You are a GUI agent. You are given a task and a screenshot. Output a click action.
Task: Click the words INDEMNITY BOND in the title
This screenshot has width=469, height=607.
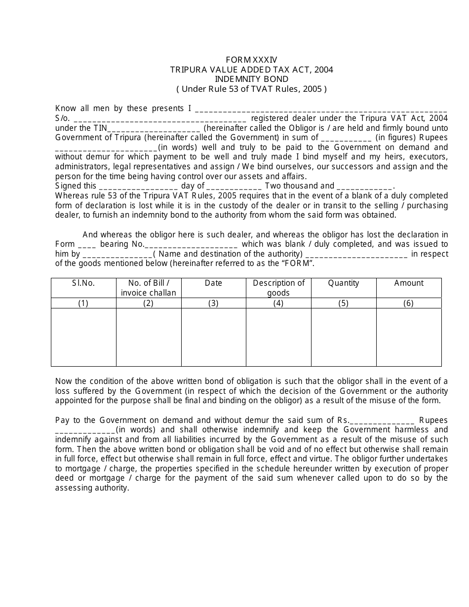[x=251, y=79]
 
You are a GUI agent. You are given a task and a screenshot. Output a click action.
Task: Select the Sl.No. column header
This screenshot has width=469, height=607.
[x=83, y=283]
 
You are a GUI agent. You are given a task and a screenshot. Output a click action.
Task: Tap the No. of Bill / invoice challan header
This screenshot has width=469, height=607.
[x=149, y=288]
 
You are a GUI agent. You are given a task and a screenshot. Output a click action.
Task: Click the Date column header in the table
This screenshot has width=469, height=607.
[x=213, y=283]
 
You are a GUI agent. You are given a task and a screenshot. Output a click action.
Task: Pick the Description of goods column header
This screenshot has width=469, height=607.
[x=278, y=288]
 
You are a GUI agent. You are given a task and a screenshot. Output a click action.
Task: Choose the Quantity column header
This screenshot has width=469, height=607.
[x=344, y=283]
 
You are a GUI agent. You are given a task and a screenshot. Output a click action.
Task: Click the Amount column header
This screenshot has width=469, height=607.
[x=409, y=283]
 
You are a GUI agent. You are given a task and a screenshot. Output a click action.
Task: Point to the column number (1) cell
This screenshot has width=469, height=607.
[x=83, y=303]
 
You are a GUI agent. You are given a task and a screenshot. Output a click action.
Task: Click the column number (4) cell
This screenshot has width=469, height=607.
[x=278, y=303]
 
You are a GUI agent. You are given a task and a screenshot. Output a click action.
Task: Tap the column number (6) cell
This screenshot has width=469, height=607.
[x=409, y=303]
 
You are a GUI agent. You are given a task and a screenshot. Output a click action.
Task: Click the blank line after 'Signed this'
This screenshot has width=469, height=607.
[x=138, y=187]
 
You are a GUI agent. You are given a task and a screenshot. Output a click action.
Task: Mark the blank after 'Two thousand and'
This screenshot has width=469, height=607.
[x=364, y=187]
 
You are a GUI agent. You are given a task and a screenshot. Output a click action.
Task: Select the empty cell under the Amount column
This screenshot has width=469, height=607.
[x=409, y=337]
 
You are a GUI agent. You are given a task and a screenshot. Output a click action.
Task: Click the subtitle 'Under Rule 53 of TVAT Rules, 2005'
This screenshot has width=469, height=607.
[x=251, y=89]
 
